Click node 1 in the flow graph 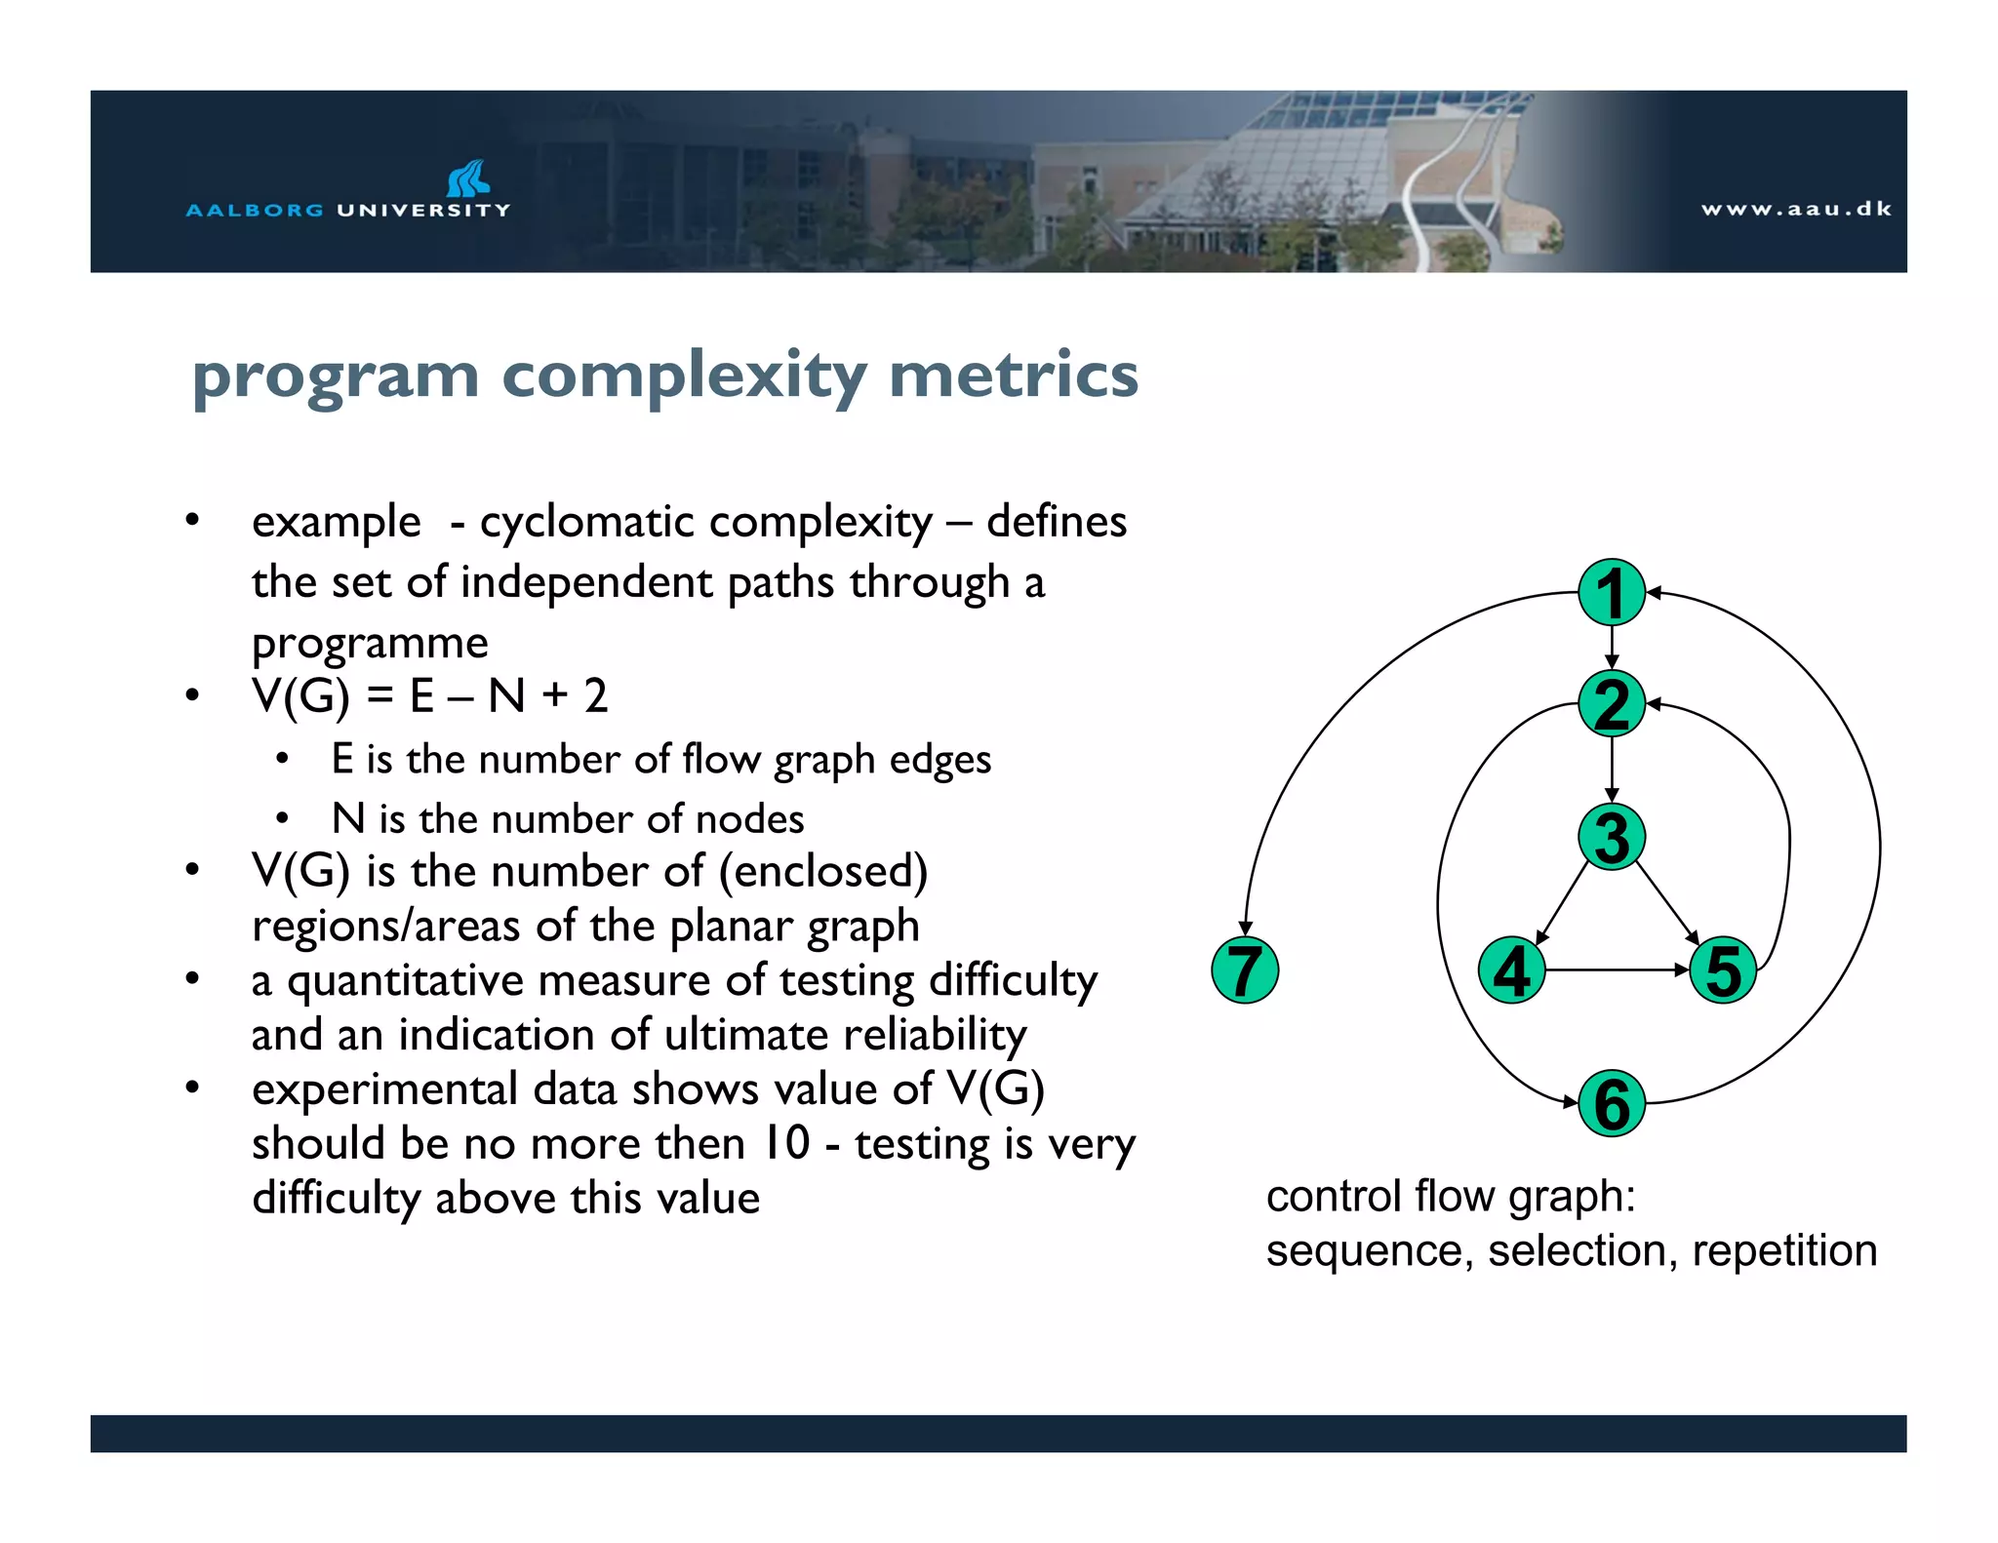click(x=1611, y=592)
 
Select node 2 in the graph click(x=1611, y=703)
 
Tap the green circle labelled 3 click(x=1611, y=837)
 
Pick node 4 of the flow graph click(x=1511, y=970)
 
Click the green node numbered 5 click(x=1723, y=970)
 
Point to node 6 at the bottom click(x=1611, y=1103)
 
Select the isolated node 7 click(x=1244, y=970)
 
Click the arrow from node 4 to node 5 click(x=1617, y=970)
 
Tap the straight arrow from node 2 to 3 click(x=1612, y=769)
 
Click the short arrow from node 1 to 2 click(x=1612, y=647)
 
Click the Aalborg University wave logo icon click(x=467, y=178)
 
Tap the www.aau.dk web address click(x=1795, y=209)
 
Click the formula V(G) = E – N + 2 click(x=429, y=696)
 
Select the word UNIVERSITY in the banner click(x=423, y=210)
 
